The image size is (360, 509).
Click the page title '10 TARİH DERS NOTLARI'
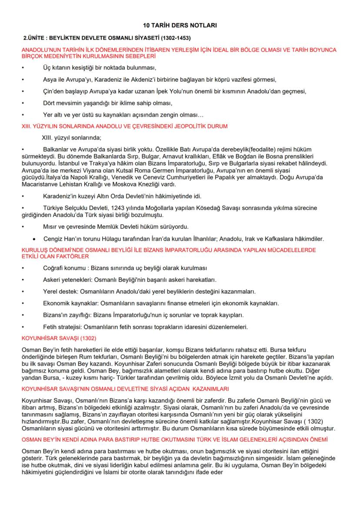pyautogui.click(x=180, y=26)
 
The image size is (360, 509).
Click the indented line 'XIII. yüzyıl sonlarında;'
pyautogui.click(x=70, y=138)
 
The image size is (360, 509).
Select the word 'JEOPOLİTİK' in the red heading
pyautogui.click(x=183, y=126)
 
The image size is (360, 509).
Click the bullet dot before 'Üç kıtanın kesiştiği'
pyautogui.click(x=23, y=68)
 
